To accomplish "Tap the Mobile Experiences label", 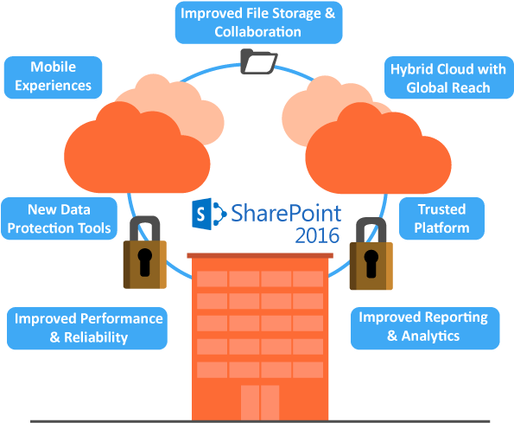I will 54,76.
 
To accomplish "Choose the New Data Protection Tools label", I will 59,219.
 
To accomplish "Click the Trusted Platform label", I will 441,219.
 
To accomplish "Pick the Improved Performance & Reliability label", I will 88,327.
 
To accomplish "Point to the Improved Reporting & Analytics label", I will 423,325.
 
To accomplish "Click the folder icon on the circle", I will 258,62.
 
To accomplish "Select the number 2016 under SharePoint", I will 317,234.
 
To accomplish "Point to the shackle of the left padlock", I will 143,226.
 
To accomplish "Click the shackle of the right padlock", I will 371,228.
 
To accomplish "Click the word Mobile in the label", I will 53,67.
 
